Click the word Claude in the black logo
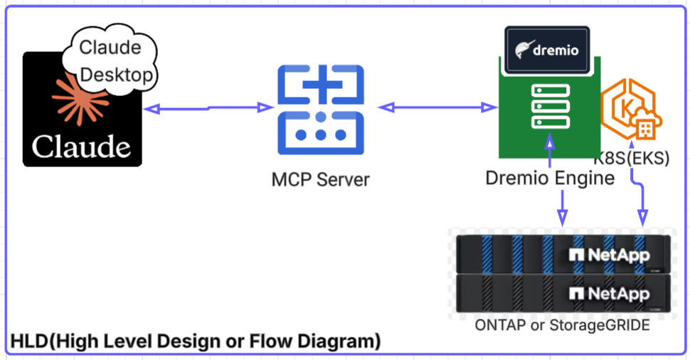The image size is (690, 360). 82,147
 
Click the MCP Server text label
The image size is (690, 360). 321,179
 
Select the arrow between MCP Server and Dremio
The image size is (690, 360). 437,107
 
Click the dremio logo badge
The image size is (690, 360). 547,51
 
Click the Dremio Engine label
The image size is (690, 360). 549,178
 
